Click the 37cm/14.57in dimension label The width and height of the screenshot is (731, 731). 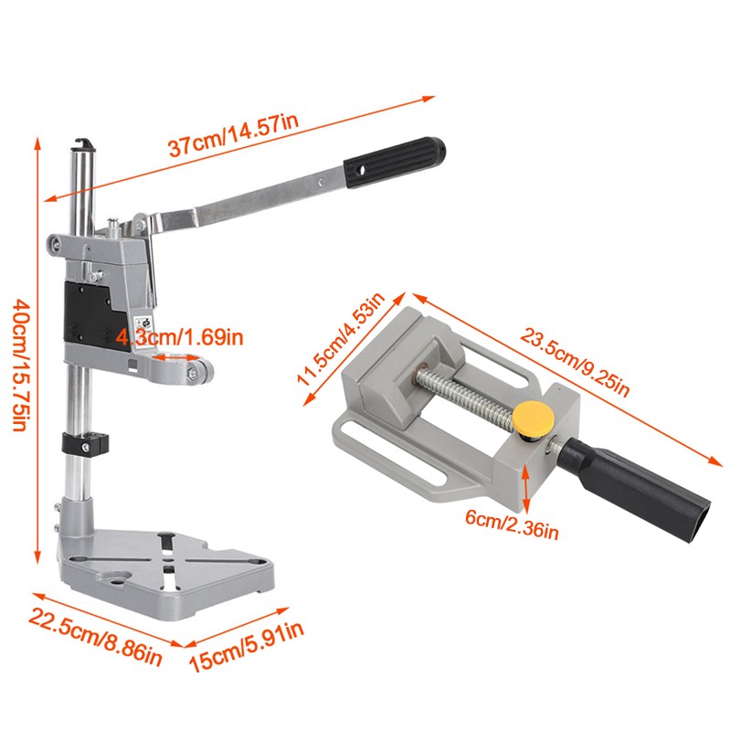(x=233, y=134)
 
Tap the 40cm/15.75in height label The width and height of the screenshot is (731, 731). (x=22, y=365)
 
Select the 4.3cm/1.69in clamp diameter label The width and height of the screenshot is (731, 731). (x=179, y=336)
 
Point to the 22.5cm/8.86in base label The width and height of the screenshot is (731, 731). (x=96, y=636)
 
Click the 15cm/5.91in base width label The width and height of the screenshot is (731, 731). (x=247, y=647)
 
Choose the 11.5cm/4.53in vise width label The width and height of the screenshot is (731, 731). (x=341, y=339)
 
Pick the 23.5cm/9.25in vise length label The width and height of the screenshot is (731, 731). (x=575, y=362)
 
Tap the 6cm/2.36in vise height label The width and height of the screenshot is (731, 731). (x=512, y=524)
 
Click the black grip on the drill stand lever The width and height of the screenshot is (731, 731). (x=395, y=163)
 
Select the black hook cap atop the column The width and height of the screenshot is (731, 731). (x=83, y=145)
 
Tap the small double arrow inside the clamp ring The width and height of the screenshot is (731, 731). (x=176, y=358)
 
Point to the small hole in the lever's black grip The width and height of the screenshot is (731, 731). (x=360, y=169)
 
